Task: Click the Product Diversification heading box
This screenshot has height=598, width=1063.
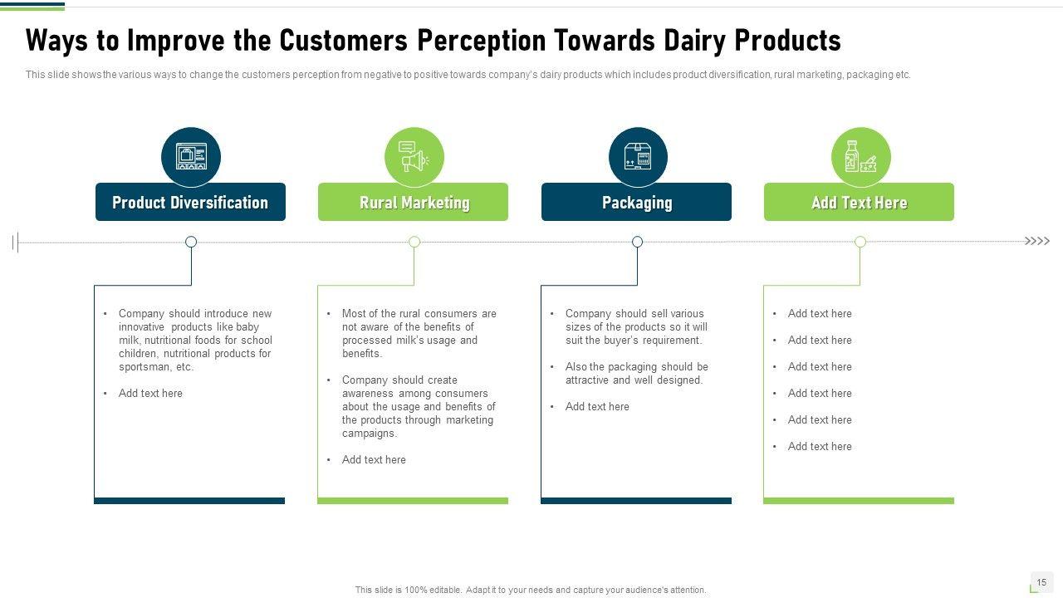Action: pos(190,202)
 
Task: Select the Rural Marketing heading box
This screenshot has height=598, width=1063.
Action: pos(413,202)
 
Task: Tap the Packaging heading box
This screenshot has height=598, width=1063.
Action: pos(636,202)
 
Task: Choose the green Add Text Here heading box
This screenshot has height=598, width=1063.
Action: pos(859,202)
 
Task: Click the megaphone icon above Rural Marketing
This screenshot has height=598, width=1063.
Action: pos(414,156)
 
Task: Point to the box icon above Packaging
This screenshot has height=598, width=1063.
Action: pos(638,156)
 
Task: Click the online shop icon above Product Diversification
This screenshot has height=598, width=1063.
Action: pos(191,156)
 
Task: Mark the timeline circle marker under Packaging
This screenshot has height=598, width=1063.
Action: pos(637,242)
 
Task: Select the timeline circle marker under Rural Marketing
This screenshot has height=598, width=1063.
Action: pos(414,242)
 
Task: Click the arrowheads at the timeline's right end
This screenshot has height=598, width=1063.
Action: pos(1037,241)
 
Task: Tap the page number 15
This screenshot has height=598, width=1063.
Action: pos(1041,582)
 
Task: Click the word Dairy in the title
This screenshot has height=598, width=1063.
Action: pos(694,42)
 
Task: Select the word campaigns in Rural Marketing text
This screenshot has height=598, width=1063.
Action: pos(368,434)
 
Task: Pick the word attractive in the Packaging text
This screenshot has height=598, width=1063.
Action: pos(586,380)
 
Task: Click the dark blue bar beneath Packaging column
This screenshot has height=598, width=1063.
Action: pos(636,501)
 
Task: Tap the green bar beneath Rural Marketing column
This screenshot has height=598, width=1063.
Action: pos(413,501)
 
